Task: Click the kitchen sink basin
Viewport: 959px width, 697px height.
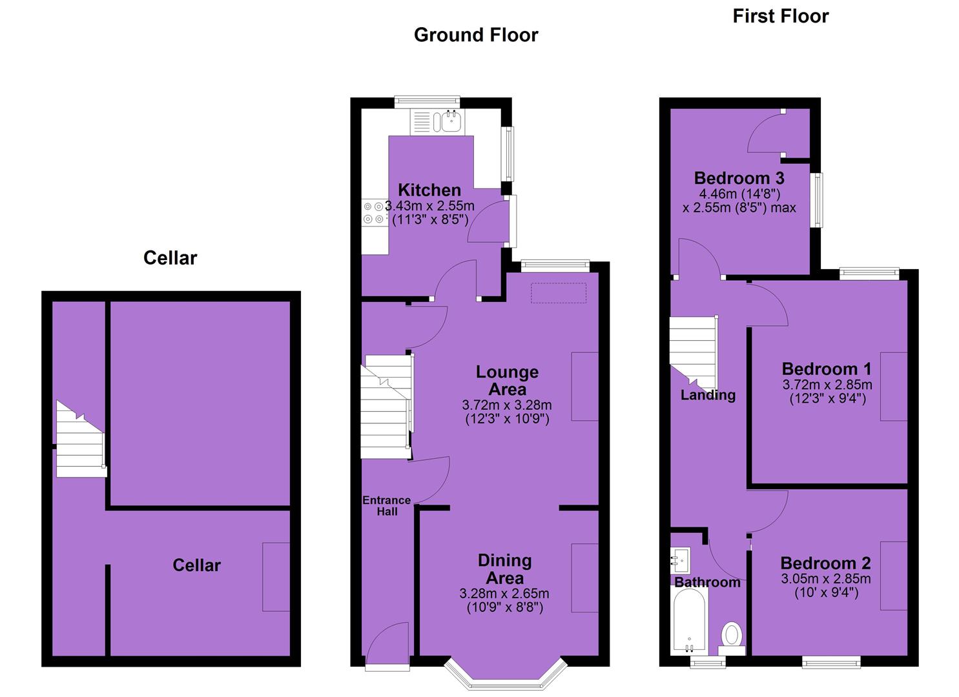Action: [x=451, y=121]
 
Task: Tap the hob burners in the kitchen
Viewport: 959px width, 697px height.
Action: [x=373, y=213]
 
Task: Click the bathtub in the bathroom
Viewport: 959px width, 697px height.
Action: [x=689, y=620]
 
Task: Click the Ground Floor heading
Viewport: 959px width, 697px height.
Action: [x=476, y=35]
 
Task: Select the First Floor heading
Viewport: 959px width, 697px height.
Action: [x=781, y=16]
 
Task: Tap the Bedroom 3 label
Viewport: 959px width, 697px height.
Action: [x=739, y=177]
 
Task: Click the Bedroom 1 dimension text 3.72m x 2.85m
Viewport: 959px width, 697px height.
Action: [x=827, y=384]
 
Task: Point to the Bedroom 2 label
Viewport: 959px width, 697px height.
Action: [x=825, y=563]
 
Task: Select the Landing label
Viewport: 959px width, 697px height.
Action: [x=708, y=395]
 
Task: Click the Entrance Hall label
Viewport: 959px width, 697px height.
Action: [x=387, y=506]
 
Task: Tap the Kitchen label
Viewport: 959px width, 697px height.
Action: [x=429, y=190]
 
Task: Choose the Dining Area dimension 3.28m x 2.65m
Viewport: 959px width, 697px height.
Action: [x=504, y=594]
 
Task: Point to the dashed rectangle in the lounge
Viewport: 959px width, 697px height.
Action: [x=558, y=293]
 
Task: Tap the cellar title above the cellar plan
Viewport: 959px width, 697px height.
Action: [x=170, y=258]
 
